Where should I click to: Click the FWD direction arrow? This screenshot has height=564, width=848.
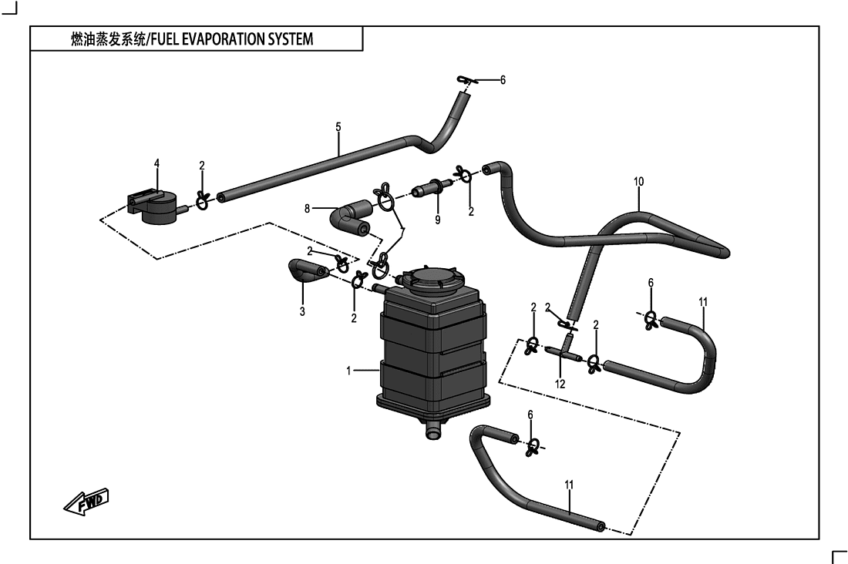click(86, 502)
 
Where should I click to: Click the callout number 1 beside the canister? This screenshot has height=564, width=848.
click(348, 371)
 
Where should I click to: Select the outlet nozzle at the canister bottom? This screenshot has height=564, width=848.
click(432, 431)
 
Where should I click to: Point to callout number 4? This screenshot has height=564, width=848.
click(156, 163)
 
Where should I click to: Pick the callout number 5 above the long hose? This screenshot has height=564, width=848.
click(338, 127)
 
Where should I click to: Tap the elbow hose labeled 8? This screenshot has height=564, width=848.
click(349, 218)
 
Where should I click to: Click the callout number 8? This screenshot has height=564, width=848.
click(307, 208)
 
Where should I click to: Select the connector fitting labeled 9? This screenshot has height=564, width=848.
click(432, 188)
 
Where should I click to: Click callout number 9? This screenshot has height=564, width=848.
click(438, 220)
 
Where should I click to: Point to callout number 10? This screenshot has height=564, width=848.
click(639, 181)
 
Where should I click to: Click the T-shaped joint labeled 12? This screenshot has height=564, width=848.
click(564, 351)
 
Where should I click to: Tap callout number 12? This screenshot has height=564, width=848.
click(560, 384)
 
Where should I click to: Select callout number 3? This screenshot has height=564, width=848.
click(302, 311)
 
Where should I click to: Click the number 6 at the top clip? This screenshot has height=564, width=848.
click(503, 80)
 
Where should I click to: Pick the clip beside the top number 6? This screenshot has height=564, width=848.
click(466, 81)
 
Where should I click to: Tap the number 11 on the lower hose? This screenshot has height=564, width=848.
click(569, 485)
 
